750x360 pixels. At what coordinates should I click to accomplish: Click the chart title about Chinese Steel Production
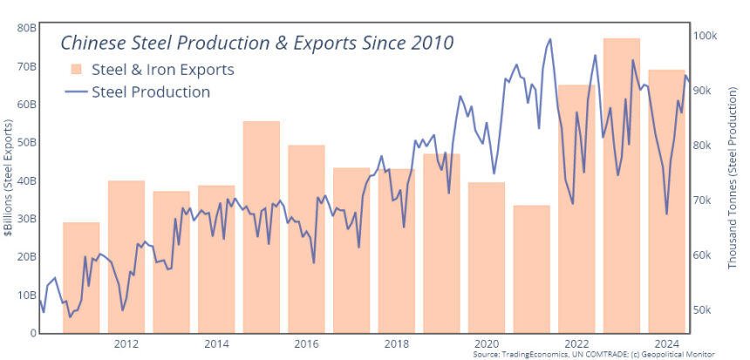(256, 43)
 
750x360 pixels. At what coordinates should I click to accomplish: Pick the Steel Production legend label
(150, 92)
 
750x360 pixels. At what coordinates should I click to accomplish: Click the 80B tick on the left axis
(25, 28)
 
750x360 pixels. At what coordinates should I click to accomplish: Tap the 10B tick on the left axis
(25, 295)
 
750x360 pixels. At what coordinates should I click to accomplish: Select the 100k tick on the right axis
(704, 36)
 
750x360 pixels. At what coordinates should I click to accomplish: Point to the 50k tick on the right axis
(704, 310)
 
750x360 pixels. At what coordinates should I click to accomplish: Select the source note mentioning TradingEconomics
(593, 355)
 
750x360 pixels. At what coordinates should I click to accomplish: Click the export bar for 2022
(576, 208)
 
